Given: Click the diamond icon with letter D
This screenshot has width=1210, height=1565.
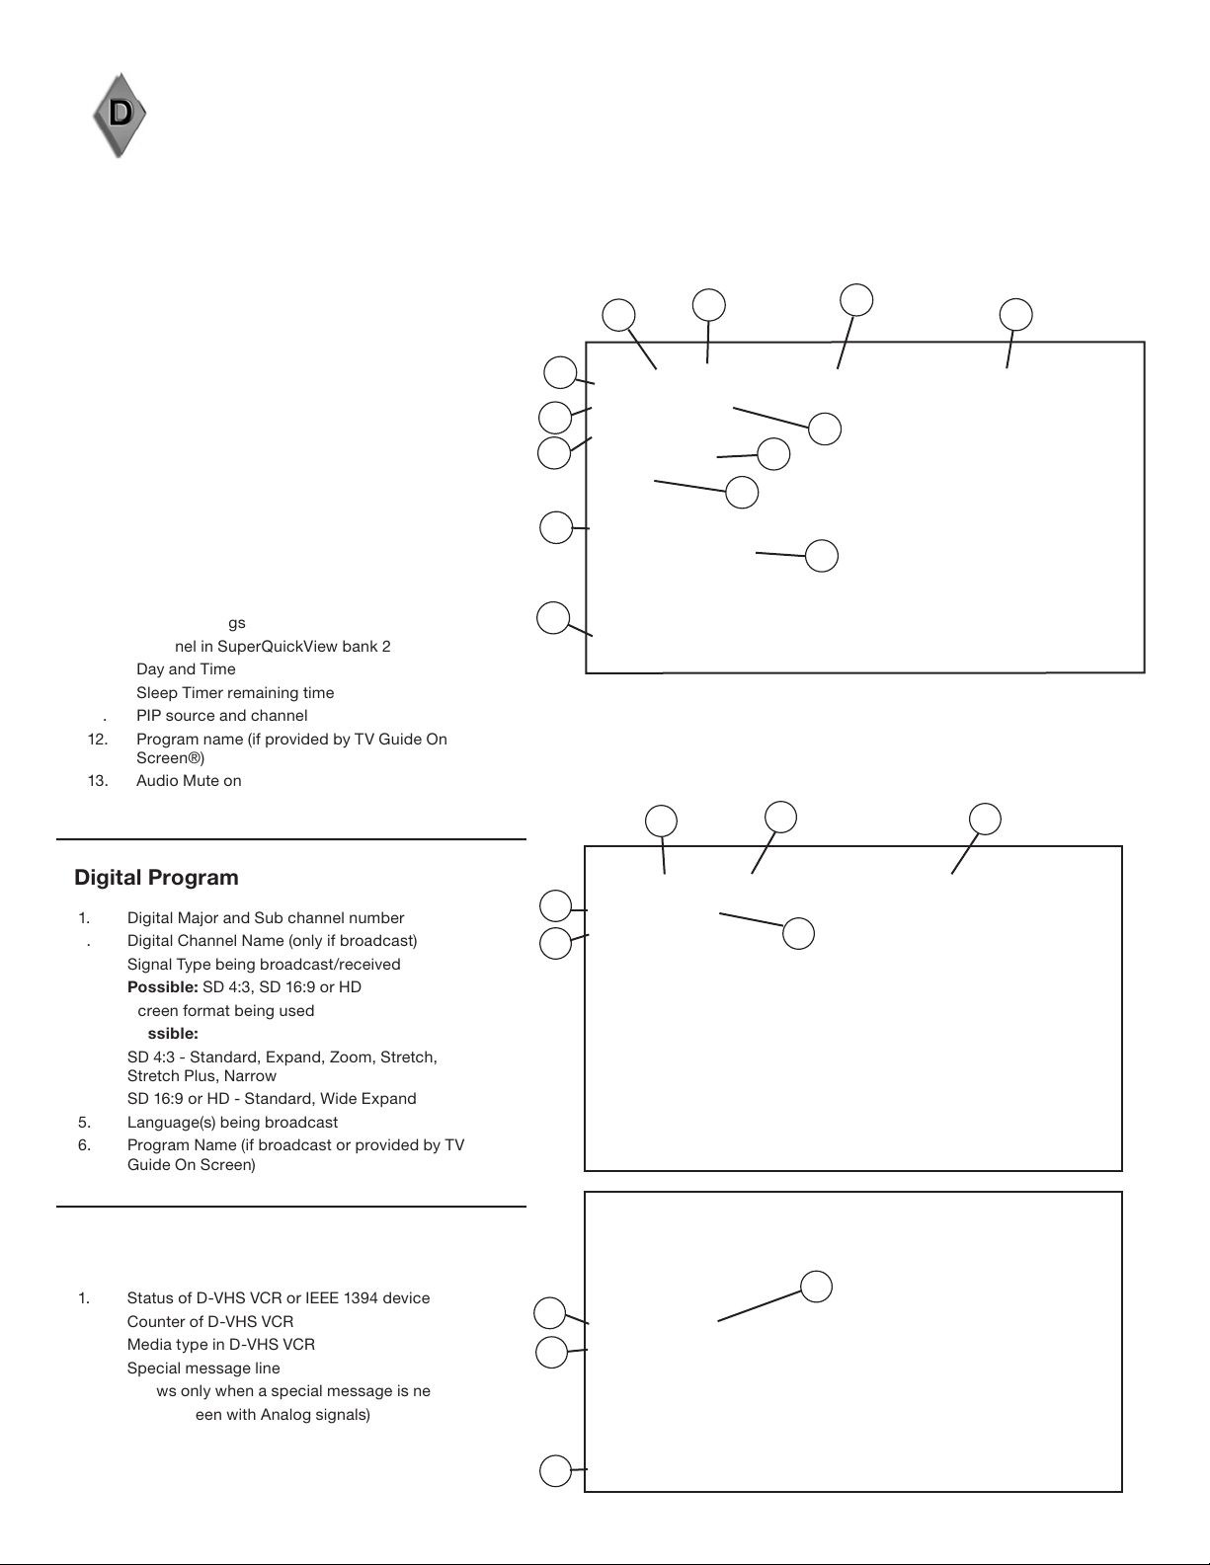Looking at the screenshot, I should click(x=120, y=115).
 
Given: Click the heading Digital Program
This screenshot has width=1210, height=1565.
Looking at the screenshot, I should click(x=156, y=878).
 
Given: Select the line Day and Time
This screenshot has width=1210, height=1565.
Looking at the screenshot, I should click(x=186, y=669).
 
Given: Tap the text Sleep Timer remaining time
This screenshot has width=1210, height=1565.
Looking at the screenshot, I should click(x=235, y=693).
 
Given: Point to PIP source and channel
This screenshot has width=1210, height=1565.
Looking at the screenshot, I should click(x=221, y=716).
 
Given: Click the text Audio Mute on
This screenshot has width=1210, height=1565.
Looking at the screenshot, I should click(x=189, y=781).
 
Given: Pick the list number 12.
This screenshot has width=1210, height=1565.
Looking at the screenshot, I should click(x=98, y=740).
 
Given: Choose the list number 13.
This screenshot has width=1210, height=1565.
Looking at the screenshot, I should click(x=98, y=781).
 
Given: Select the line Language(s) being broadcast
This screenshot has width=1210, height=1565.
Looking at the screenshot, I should click(x=232, y=1123).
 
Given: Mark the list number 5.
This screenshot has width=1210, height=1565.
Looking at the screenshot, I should click(x=84, y=1123).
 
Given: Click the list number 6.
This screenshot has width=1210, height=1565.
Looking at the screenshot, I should click(x=84, y=1145).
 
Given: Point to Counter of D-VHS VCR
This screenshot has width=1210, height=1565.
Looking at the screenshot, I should click(x=209, y=1322).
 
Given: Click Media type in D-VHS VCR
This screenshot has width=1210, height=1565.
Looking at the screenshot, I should click(x=220, y=1345).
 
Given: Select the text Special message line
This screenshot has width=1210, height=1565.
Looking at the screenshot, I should click(x=203, y=1369).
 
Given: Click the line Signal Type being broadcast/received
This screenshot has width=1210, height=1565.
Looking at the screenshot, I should click(x=264, y=965).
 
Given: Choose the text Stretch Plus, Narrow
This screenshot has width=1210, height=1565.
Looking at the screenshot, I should click(x=202, y=1076).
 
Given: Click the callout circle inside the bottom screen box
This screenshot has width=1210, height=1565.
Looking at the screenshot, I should click(x=816, y=1287).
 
